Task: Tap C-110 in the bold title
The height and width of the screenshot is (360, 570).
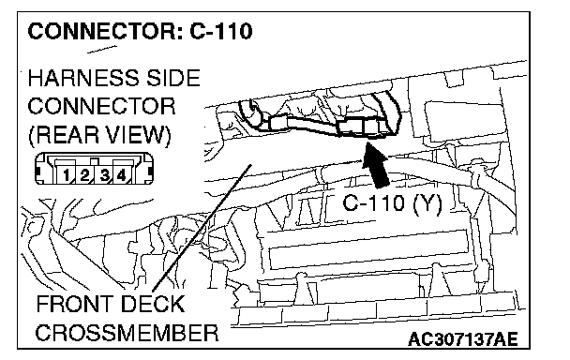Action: pyautogui.click(x=221, y=31)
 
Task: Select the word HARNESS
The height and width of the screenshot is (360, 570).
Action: pyautogui.click(x=83, y=78)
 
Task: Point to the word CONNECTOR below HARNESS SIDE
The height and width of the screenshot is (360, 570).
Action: pyautogui.click(x=101, y=106)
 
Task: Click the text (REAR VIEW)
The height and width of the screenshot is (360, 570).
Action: pyautogui.click(x=99, y=135)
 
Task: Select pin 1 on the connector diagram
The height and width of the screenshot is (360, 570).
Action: pyautogui.click(x=66, y=175)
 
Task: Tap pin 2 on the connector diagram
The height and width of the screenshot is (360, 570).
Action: pyautogui.click(x=84, y=175)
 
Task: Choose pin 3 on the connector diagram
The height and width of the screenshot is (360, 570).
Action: pyautogui.click(x=104, y=175)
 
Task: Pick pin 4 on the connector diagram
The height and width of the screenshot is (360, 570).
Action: pyautogui.click(x=122, y=175)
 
